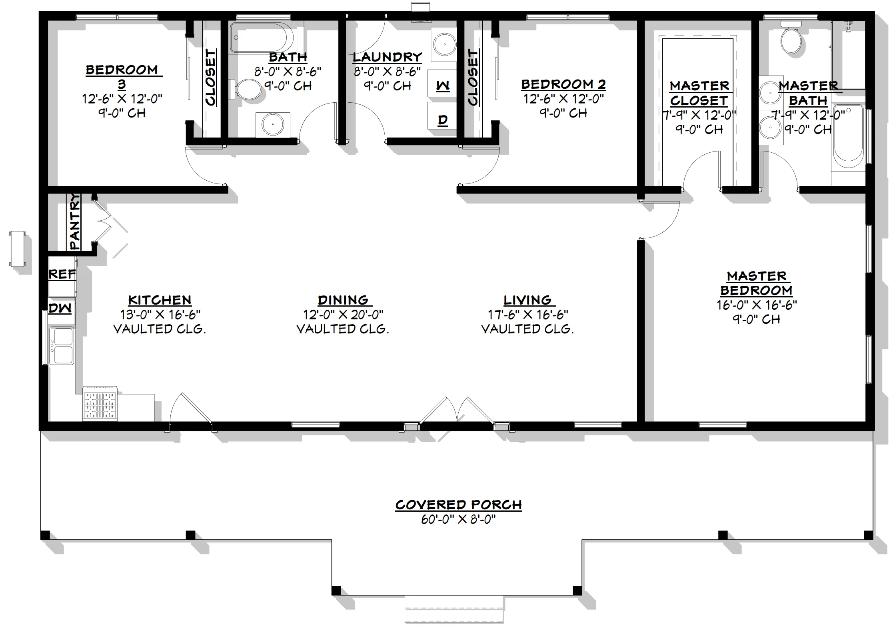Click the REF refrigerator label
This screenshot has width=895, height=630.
coord(62,275)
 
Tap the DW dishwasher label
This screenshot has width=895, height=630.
coord(60,308)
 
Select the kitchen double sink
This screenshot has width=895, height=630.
coord(62,346)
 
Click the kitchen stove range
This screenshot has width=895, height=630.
coord(100,404)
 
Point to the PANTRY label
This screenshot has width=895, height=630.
coord(75,221)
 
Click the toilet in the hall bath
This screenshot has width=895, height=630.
coord(244,89)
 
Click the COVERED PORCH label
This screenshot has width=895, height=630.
coord(459,505)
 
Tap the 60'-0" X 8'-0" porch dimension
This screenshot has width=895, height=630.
coord(459,520)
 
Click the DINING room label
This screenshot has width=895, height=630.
coord(343,300)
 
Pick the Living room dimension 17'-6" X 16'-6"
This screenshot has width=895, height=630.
coord(528,315)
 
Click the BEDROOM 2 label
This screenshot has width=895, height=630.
coord(563,84)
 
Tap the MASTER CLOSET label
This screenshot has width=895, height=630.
coord(699,93)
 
